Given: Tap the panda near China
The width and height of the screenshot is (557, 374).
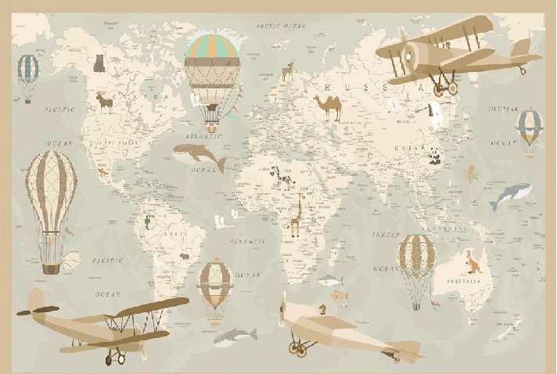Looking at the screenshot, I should (x=434, y=156).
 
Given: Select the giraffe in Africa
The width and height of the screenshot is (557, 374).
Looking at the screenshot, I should (x=296, y=214).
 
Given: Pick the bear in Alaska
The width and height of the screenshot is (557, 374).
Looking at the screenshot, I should (x=99, y=63).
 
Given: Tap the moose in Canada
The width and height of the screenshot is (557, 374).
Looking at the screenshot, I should (x=104, y=102).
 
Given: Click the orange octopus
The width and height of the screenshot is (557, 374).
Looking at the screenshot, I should (x=470, y=174).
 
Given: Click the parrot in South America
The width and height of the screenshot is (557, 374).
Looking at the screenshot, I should (x=146, y=221).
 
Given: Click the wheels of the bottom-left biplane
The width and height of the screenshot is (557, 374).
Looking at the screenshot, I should (x=116, y=358).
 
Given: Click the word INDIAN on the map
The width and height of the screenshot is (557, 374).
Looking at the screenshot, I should (x=386, y=235).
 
